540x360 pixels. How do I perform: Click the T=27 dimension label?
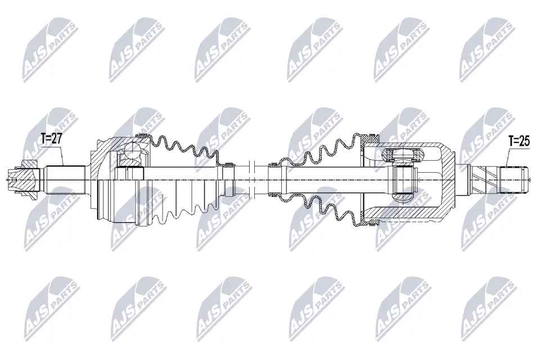(x=51, y=138)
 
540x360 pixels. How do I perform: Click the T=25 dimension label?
(x=519, y=141)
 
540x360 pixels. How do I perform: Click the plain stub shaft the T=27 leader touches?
(x=66, y=180)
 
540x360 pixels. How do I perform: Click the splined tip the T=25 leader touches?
(x=514, y=179)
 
